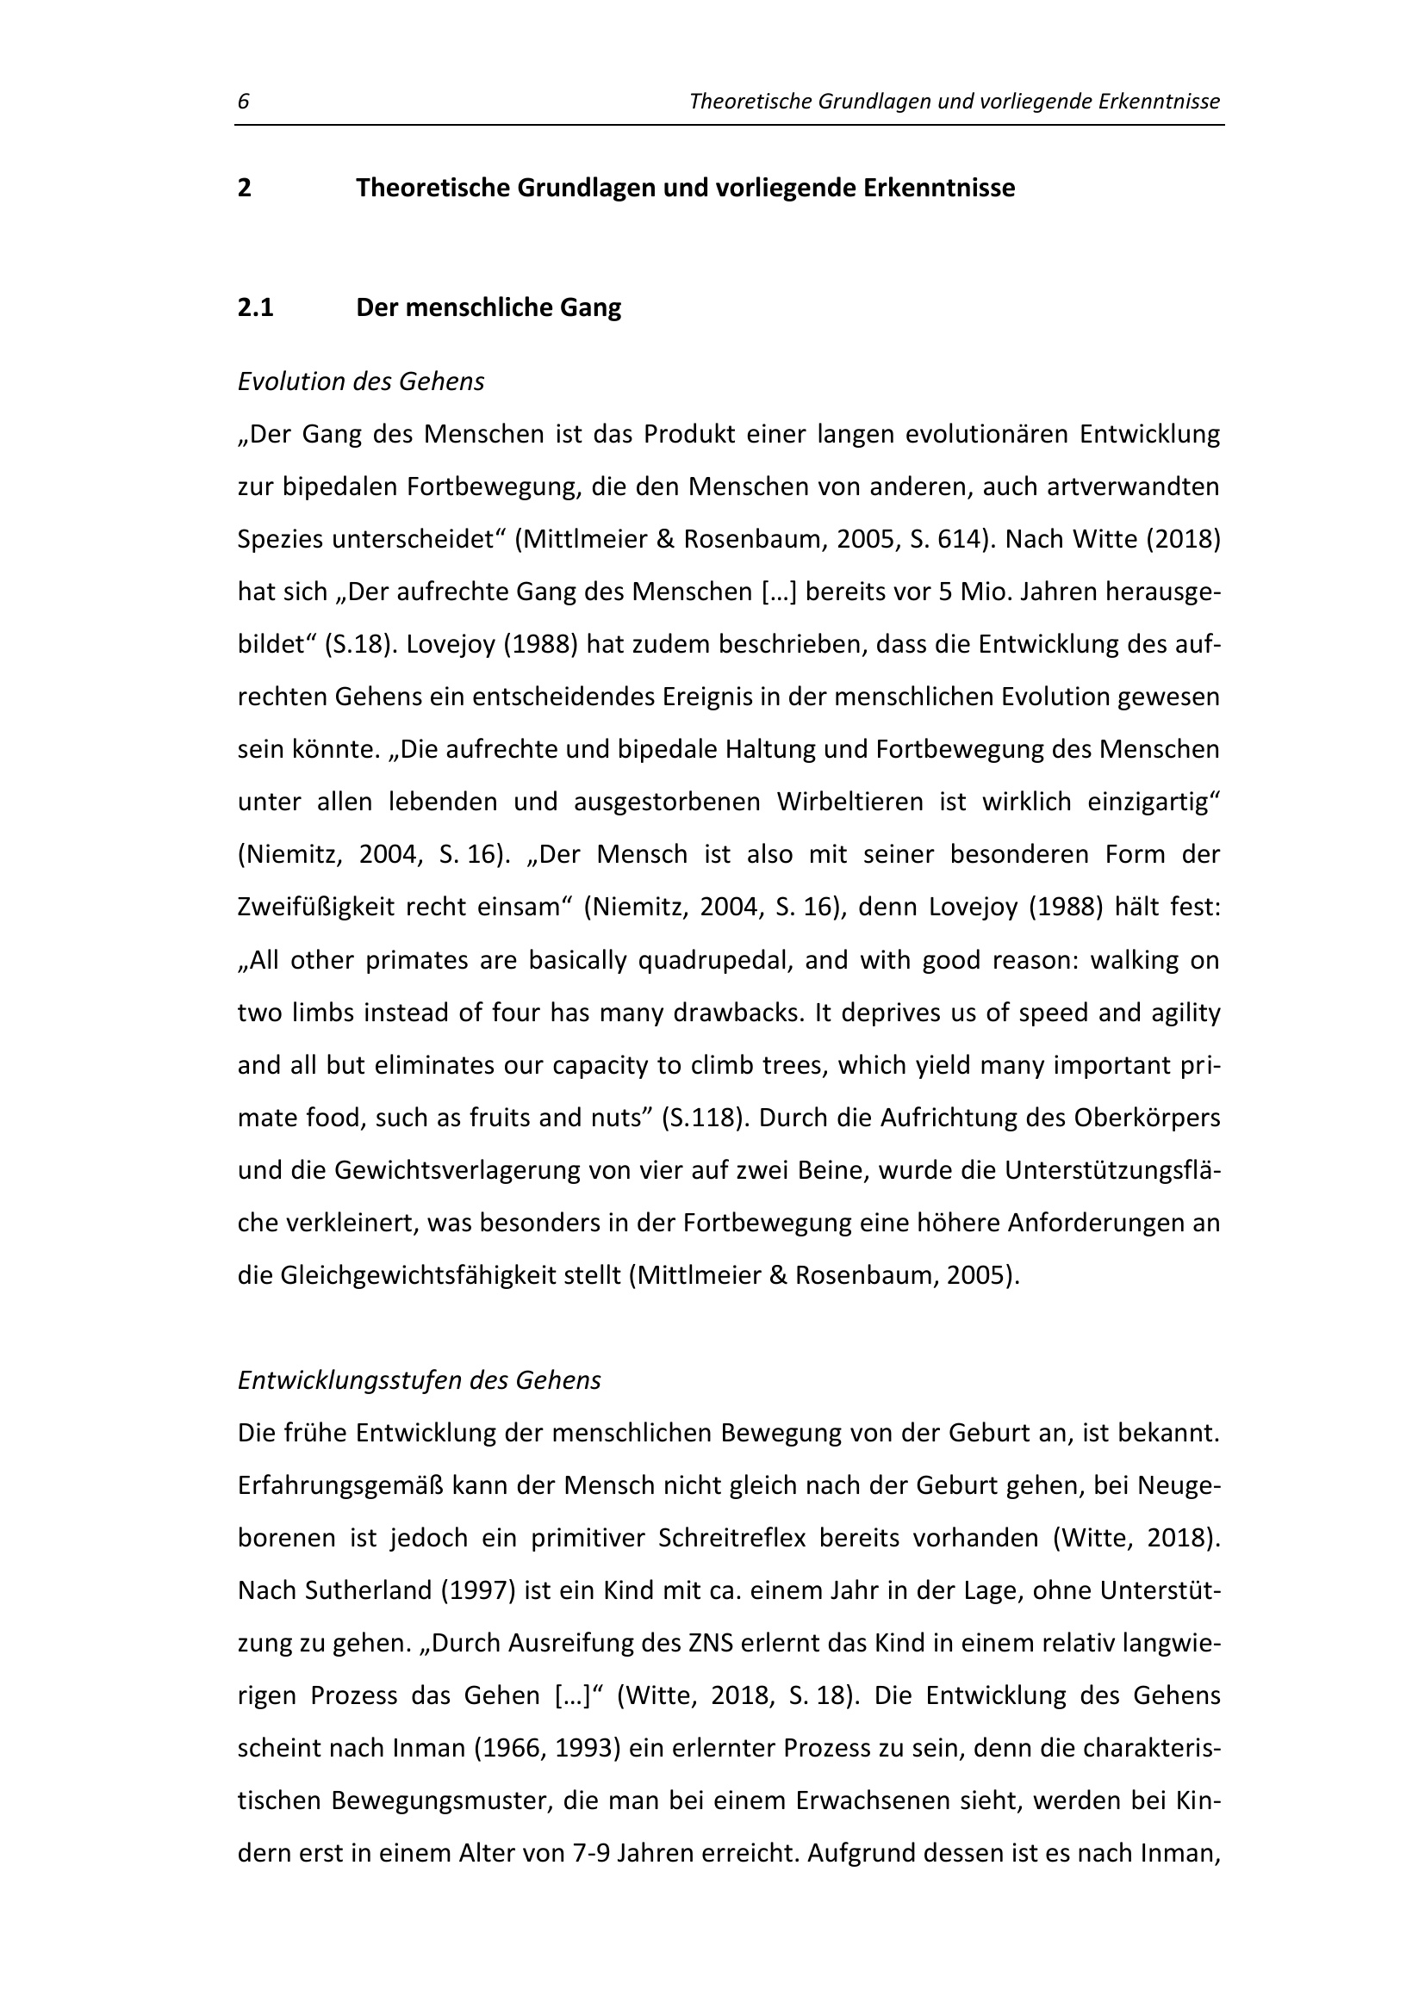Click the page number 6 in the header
pos(243,102)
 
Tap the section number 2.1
pos(255,308)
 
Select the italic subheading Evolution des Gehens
pos(361,381)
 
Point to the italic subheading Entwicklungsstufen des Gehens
pos(420,1379)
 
